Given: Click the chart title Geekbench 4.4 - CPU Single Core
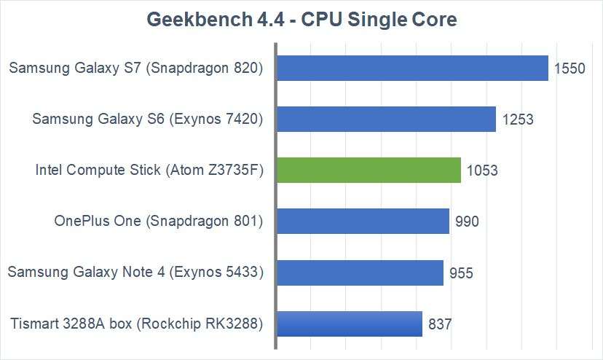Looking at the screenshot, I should click(x=301, y=19).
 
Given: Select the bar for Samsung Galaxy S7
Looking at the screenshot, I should click(x=412, y=68).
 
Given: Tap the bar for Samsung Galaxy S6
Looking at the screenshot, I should click(x=387, y=119).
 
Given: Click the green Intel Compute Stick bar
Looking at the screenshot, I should click(x=369, y=171).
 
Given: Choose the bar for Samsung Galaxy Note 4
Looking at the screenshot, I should click(x=360, y=273).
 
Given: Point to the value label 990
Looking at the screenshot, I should click(x=466, y=222).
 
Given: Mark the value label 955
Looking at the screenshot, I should click(x=461, y=273).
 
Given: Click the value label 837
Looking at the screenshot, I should click(x=440, y=324).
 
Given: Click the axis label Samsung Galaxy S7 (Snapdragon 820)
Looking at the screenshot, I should click(x=135, y=69).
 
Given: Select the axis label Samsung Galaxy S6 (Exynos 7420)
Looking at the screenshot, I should click(x=147, y=120).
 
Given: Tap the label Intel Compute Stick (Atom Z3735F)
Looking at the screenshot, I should click(x=149, y=171).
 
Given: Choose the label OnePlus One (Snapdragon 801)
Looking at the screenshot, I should click(x=158, y=222).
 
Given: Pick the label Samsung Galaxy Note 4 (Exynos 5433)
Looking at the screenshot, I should click(x=135, y=273).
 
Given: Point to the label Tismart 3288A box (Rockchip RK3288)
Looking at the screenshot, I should click(x=136, y=324).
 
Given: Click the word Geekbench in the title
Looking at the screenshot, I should click(x=192, y=19).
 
